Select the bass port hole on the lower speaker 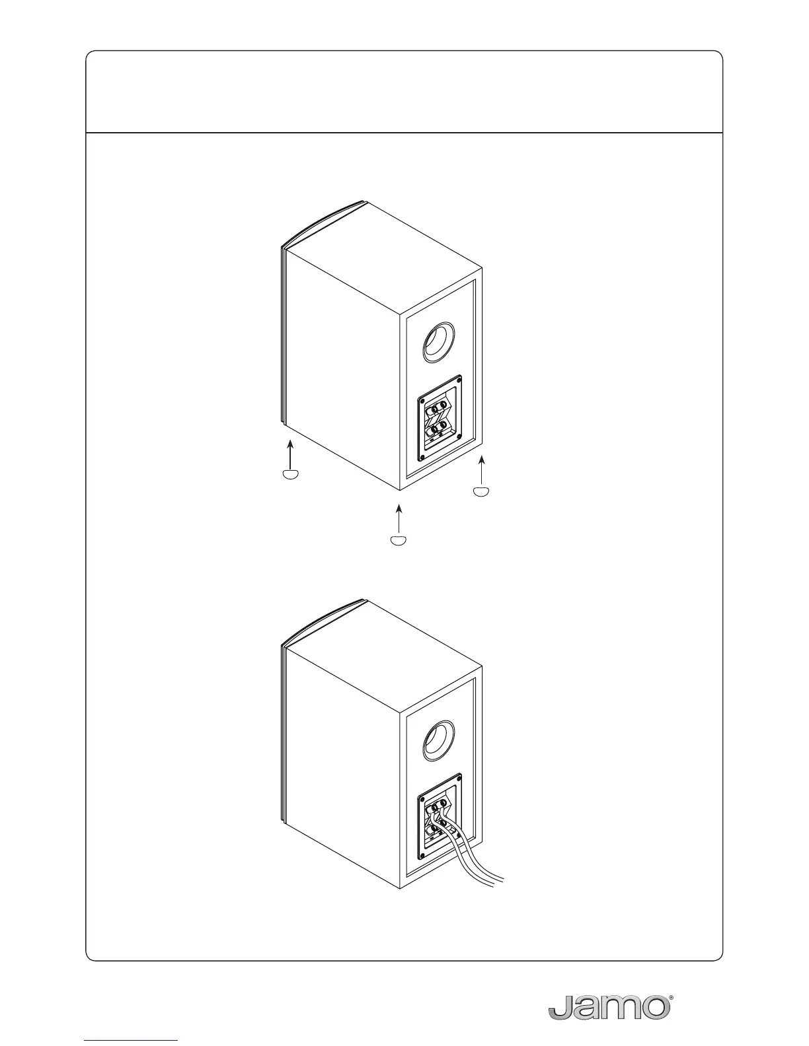(x=438, y=740)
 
